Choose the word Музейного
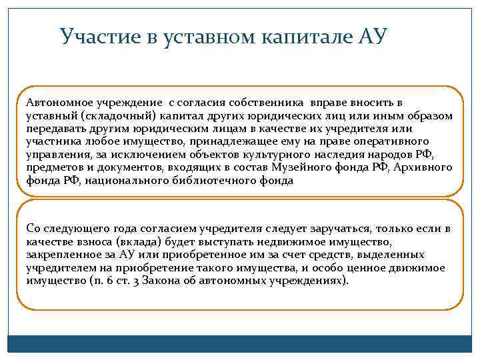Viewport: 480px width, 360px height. [321, 167]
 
